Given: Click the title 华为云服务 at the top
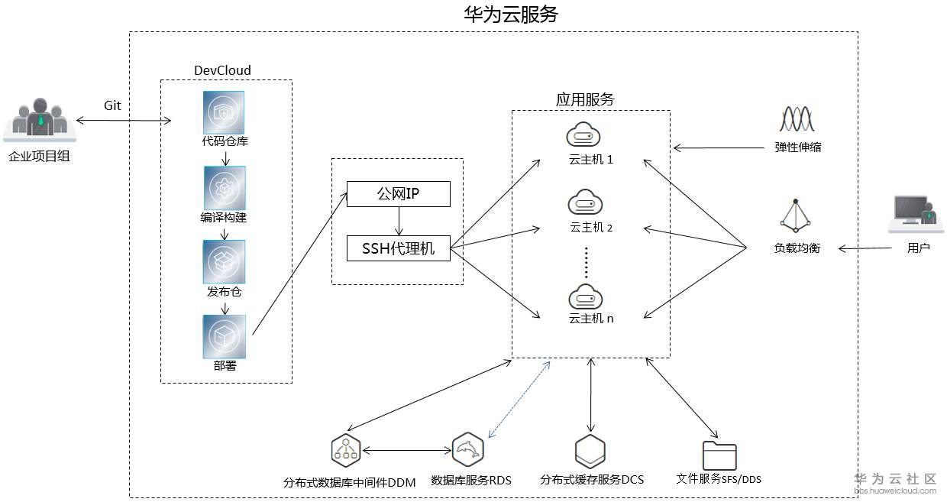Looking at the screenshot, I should click(x=511, y=15).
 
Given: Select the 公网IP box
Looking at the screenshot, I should click(x=398, y=194).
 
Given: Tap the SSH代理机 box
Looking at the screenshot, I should click(x=398, y=248).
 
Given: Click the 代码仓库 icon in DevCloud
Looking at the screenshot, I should click(x=224, y=112).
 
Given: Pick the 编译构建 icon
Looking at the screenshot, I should click(x=224, y=187).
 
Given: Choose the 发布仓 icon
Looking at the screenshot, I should click(x=224, y=261).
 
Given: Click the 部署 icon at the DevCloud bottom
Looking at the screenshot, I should click(x=224, y=336).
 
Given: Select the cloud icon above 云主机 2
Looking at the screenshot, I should click(x=586, y=203).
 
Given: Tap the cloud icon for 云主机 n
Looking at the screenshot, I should click(x=586, y=295).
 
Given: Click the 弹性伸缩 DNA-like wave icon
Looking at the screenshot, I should click(x=797, y=120).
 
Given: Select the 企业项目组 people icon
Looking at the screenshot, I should click(x=40, y=121).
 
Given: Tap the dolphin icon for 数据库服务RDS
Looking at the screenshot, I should click(x=467, y=449).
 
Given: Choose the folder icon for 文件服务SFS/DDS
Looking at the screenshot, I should click(x=719, y=455).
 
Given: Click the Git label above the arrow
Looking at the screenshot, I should click(x=112, y=105).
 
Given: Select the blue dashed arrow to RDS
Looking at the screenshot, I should click(x=519, y=400).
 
